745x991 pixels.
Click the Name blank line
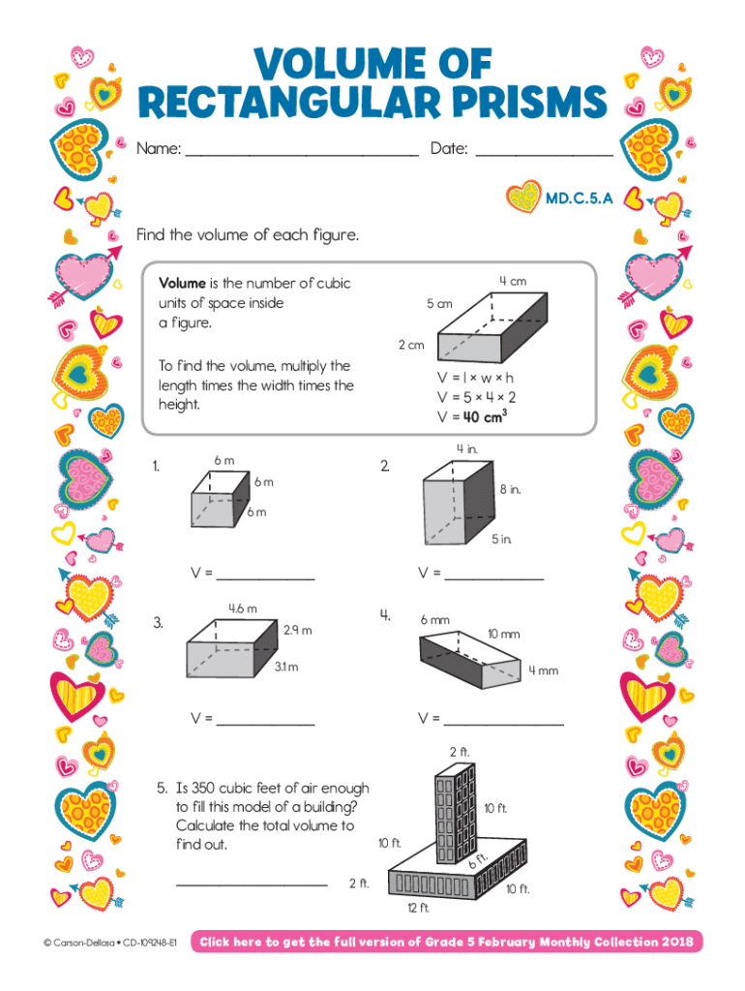tap(301, 153)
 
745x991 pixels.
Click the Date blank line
tap(544, 153)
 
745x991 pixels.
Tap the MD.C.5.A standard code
tap(579, 199)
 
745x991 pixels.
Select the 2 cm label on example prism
tap(411, 345)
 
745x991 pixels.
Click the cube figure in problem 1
tap(218, 499)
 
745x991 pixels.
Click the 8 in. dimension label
tap(510, 490)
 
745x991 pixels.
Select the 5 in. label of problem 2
tap(500, 539)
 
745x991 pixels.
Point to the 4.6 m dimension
tap(242, 609)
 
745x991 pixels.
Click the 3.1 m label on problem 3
tap(285, 667)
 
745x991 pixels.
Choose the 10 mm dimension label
tap(503, 634)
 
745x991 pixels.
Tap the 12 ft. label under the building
tap(418, 908)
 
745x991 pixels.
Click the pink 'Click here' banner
tap(447, 942)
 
